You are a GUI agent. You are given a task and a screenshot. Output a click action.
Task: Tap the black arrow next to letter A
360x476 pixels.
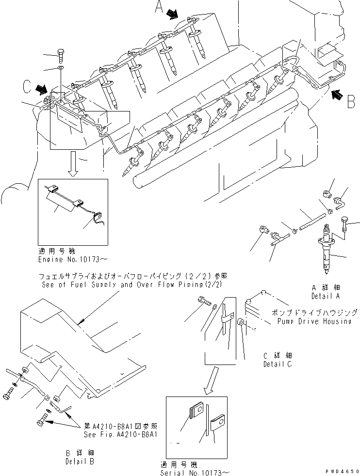(x=172, y=16)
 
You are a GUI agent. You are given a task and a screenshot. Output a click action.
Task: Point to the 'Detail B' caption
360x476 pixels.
(x=80, y=461)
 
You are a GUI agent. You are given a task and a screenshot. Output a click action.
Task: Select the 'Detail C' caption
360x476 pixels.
(x=278, y=364)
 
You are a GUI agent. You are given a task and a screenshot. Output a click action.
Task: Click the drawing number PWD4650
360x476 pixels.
(x=342, y=471)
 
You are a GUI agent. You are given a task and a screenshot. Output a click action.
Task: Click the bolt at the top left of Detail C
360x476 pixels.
(x=203, y=302)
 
